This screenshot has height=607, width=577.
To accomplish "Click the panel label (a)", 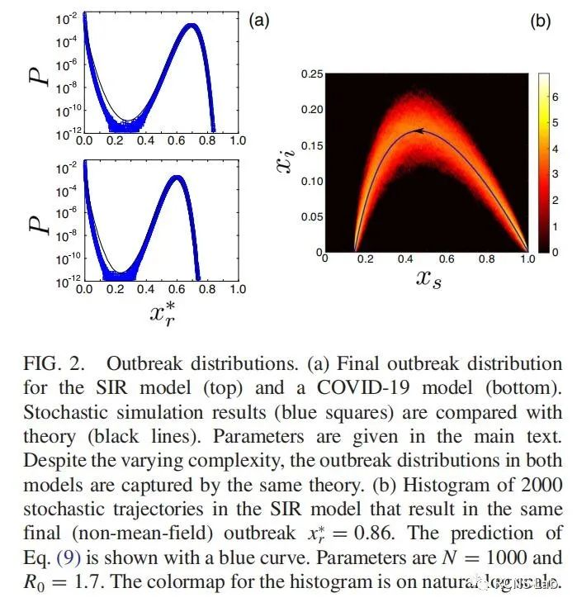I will pyautogui.click(x=259, y=22).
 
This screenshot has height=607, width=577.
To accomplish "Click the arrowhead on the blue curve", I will pyautogui.click(x=419, y=130).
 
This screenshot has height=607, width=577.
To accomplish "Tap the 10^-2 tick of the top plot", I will pyautogui.click(x=67, y=17).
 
